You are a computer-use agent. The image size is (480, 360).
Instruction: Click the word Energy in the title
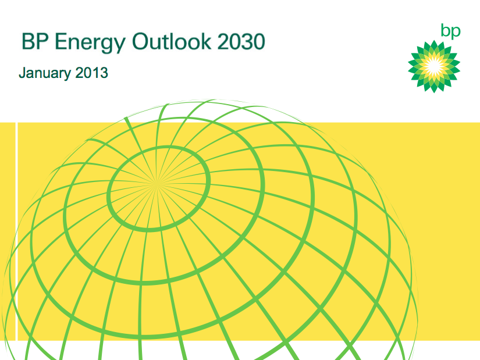coord(90,42)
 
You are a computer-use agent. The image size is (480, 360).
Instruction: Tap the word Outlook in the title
coord(172,41)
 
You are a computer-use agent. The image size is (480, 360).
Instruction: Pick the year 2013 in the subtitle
coord(91,73)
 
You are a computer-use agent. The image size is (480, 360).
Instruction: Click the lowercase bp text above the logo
coord(450,31)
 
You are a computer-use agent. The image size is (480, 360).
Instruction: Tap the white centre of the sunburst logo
coord(434,66)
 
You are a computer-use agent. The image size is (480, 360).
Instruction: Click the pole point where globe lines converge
coord(157,184)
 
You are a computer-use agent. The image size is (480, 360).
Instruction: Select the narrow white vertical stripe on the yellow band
coord(16,231)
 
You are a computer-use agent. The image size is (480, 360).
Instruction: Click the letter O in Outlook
coord(141,41)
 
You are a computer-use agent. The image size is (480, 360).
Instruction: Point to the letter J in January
coord(23,73)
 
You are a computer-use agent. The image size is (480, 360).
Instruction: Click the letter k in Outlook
coord(205,41)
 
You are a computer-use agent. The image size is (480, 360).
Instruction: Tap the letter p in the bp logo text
coord(456,33)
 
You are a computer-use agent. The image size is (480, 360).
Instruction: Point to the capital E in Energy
coord(61,41)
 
